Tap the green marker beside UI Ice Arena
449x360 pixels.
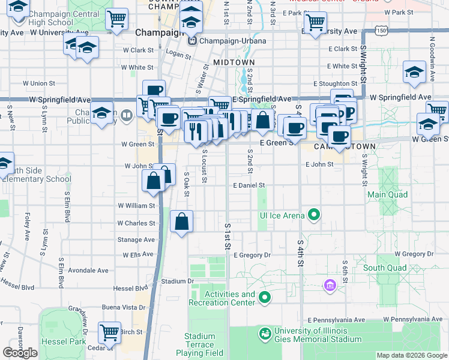click(x=313, y=214)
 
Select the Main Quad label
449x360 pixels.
click(x=387, y=194)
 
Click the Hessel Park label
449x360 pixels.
click(x=20, y=341)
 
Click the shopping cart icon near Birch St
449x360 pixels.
click(x=109, y=332)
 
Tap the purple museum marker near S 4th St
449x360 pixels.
click(x=328, y=284)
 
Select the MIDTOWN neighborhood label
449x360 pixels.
click(x=234, y=62)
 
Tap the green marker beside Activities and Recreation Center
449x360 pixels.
click(x=265, y=297)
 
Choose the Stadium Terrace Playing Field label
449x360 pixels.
click(x=200, y=344)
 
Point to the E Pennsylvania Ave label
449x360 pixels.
click(x=336, y=320)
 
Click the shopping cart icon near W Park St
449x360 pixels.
click(x=315, y=23)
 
